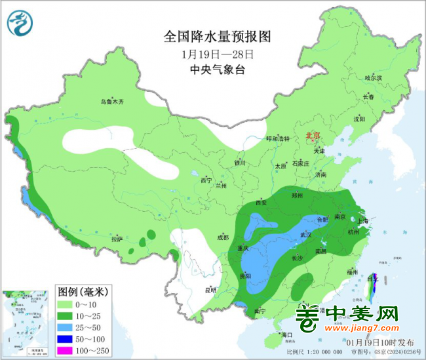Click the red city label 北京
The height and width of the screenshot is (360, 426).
(312, 136)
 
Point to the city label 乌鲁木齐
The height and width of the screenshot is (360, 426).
(112, 102)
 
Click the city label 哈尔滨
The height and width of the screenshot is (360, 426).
(373, 77)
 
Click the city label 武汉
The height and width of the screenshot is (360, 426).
(307, 234)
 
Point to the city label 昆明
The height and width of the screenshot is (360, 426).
(210, 289)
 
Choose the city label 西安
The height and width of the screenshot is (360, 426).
(260, 203)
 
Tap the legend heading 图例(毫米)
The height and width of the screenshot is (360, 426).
(83, 290)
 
